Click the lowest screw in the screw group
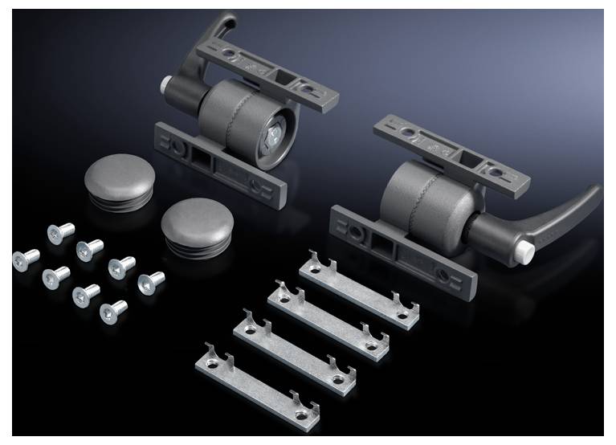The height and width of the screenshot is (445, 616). (x=112, y=311)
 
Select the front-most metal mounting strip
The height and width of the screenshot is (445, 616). (x=257, y=384)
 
